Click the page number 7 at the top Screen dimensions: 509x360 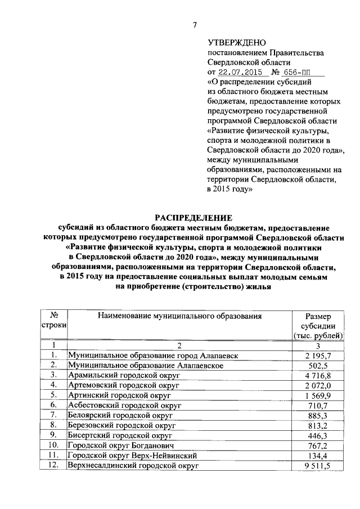point(195,24)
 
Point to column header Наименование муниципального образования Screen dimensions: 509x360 point(180,316)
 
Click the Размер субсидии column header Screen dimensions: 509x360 point(318,326)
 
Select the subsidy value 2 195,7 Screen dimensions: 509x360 point(318,356)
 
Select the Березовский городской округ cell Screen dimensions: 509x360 point(121,425)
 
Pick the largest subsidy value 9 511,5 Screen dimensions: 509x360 point(318,465)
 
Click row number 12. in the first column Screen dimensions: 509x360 point(53,465)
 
